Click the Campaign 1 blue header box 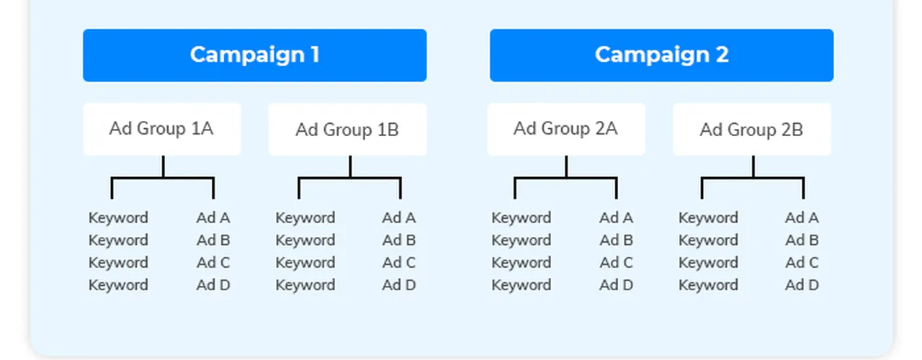tap(254, 55)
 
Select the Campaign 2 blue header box tap(661, 55)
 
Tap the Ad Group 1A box tap(162, 129)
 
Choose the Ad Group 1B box tap(347, 129)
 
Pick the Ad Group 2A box tap(566, 129)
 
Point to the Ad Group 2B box tap(751, 129)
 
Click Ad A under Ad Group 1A tap(212, 217)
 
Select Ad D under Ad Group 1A tap(212, 285)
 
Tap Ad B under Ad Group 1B tap(398, 240)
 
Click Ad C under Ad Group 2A tap(616, 263)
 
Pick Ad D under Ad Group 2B tap(802, 285)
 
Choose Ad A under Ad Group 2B tap(802, 217)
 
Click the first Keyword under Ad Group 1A tap(118, 217)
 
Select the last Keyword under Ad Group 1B tap(305, 285)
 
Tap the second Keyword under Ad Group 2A tap(521, 240)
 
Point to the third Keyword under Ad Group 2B tap(708, 263)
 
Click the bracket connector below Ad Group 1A tap(163, 178)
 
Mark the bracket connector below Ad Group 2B tap(753, 178)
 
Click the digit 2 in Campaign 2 tap(722, 55)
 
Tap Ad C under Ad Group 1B tap(398, 263)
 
